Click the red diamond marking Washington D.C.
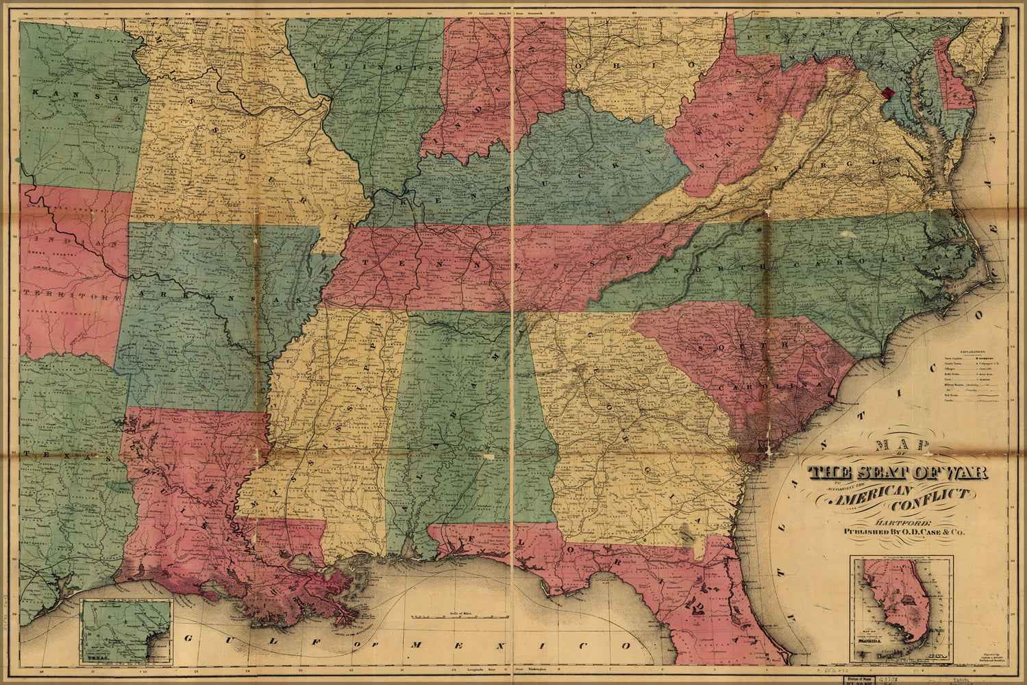click(889, 92)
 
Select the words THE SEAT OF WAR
click(897, 473)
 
